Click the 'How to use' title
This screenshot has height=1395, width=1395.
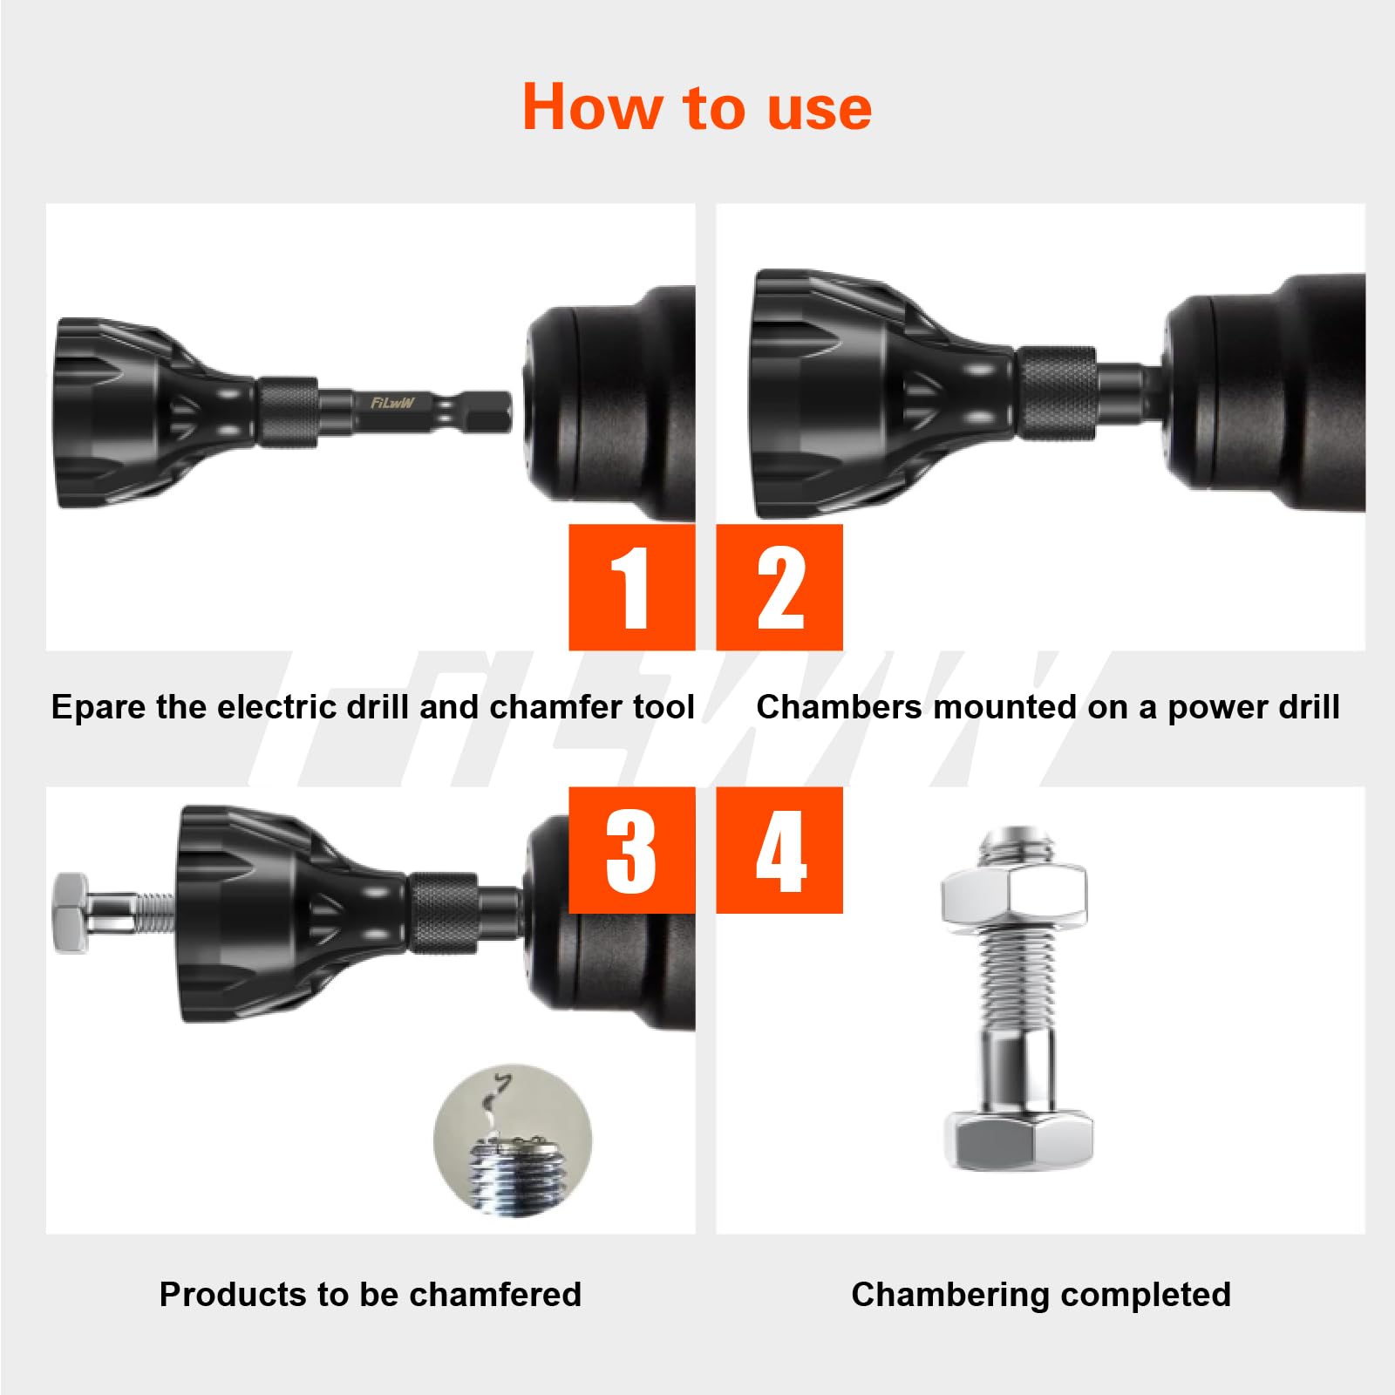click(697, 107)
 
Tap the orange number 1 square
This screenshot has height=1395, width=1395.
click(631, 587)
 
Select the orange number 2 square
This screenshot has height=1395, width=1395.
click(779, 587)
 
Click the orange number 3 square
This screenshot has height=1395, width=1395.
click(631, 850)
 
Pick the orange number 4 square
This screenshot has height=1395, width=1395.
click(779, 850)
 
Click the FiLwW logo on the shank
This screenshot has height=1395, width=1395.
click(392, 403)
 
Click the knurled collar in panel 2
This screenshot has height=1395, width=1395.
click(1057, 392)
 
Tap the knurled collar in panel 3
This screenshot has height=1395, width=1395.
click(443, 914)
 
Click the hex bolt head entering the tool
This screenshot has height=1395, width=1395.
click(70, 912)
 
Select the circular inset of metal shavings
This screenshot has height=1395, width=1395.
click(513, 1140)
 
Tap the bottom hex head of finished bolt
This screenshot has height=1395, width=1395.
click(1018, 1139)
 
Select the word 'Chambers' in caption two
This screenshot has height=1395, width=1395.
click(838, 707)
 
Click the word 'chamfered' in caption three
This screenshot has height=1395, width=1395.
click(494, 1295)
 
